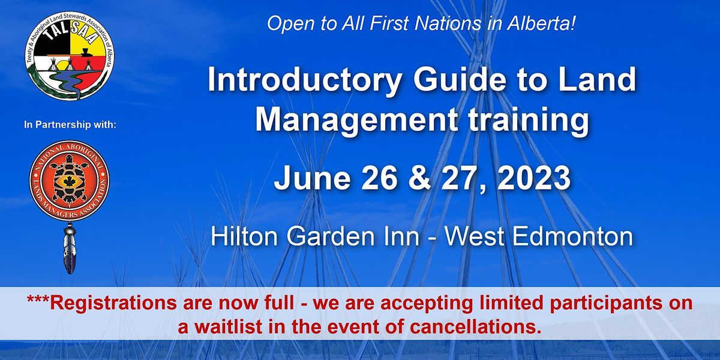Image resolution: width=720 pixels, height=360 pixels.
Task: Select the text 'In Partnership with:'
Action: click(70, 125)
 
